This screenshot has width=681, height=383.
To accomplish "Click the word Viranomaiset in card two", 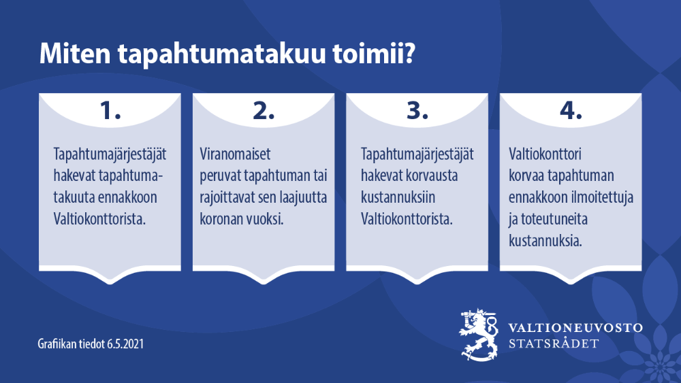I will pos(235,154).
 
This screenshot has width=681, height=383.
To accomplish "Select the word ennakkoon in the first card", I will pos(129,198).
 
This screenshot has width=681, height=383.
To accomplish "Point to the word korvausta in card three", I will pos(433,176).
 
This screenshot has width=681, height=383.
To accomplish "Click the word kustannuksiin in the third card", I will pos(398,198).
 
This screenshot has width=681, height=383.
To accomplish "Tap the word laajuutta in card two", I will pos(300,198).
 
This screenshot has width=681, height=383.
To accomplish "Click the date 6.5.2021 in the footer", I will pos(125,344).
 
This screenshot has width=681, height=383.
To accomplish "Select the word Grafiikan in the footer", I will pos(58,344).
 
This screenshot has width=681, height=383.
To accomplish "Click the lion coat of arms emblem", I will pos(479,335).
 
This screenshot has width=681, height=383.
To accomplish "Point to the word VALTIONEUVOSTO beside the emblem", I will pos(575,327).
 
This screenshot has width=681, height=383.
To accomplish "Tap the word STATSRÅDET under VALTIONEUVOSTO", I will pos(554,344).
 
